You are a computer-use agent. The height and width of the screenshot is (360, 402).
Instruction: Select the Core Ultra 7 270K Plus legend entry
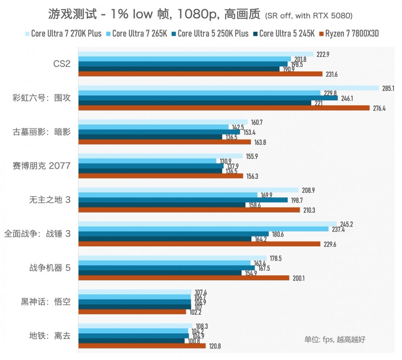(x=63, y=34)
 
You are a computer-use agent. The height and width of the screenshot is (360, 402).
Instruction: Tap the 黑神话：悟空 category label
(x=46, y=302)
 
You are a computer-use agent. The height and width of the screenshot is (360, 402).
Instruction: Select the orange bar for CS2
(x=200, y=74)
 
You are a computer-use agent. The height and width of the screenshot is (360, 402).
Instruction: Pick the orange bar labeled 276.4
(x=224, y=108)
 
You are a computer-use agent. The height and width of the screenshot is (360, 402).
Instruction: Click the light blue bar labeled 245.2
(x=207, y=224)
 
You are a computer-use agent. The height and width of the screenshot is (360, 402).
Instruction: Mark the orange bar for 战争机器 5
(x=183, y=278)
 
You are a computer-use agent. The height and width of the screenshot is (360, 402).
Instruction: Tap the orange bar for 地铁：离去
(x=142, y=346)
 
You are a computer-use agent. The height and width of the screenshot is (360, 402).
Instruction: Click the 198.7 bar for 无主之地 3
(x=183, y=200)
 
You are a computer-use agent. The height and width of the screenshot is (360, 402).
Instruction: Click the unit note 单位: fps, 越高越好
(x=335, y=339)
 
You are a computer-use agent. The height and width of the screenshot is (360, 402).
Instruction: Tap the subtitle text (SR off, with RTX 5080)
(x=308, y=16)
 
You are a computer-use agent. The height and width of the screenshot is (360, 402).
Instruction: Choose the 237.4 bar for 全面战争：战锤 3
(x=203, y=229)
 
